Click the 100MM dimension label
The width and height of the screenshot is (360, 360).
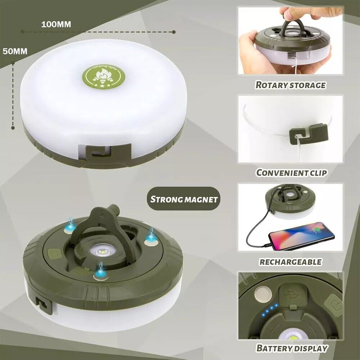click(x=56, y=24)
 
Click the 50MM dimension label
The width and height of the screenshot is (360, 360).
click(x=15, y=51)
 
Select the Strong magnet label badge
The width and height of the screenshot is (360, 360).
click(x=184, y=199)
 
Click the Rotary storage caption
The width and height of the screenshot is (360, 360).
click(x=290, y=85)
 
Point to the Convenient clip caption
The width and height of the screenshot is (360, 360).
click(x=291, y=172)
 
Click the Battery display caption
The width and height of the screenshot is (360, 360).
click(x=292, y=348)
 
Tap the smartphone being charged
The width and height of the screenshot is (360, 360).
click(x=301, y=236)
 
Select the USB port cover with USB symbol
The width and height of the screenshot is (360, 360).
click(x=291, y=293)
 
